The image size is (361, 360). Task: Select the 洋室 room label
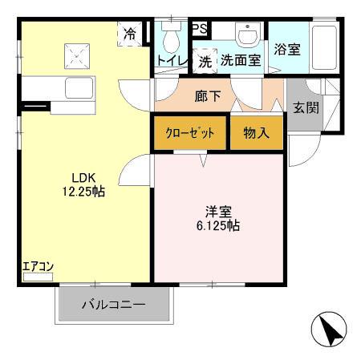tap(217, 212)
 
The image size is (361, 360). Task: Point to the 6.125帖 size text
tap(217, 226)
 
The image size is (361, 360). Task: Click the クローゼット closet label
tap(190, 133)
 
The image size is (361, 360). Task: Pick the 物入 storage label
tap(256, 133)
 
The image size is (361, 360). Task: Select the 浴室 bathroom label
tap(287, 50)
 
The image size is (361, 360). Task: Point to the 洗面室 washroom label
tap(241, 60)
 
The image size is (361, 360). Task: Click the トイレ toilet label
tap(172, 60)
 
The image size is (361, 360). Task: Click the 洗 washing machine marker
tap(205, 60)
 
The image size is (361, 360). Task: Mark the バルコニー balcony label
tap(113, 305)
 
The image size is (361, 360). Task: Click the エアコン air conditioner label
tap(37, 267)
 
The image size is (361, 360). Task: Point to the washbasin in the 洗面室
tap(247, 34)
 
